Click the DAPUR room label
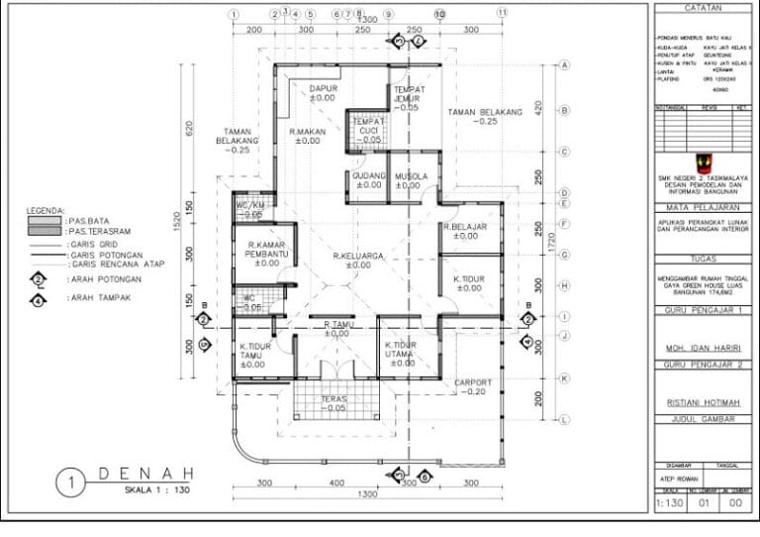click(323, 88)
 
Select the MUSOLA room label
click(411, 176)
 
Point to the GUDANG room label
click(367, 176)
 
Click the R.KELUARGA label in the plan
click(358, 256)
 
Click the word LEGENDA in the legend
click(46, 211)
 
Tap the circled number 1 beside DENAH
click(71, 483)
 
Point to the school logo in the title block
click(701, 161)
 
